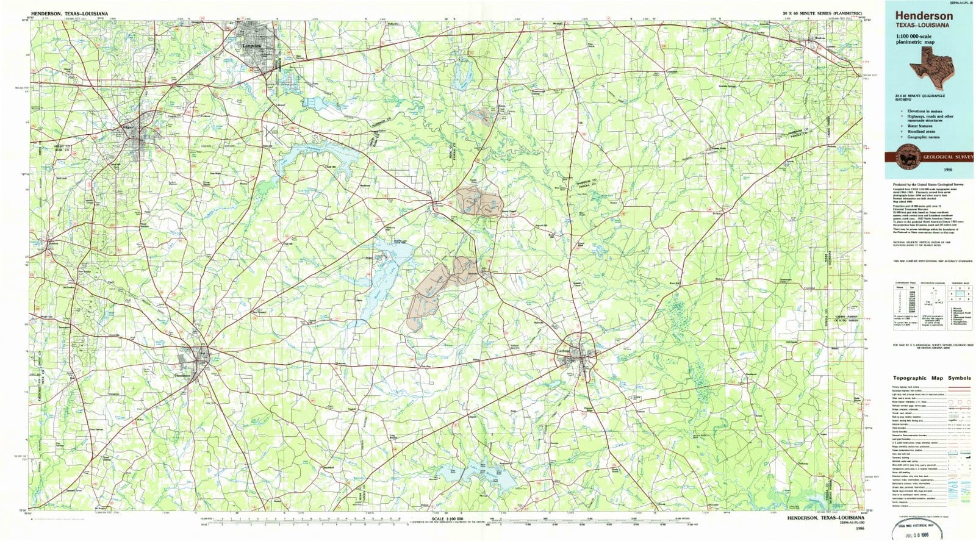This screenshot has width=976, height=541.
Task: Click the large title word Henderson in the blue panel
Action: coord(924,16)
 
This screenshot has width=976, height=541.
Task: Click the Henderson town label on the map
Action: coord(183,376)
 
